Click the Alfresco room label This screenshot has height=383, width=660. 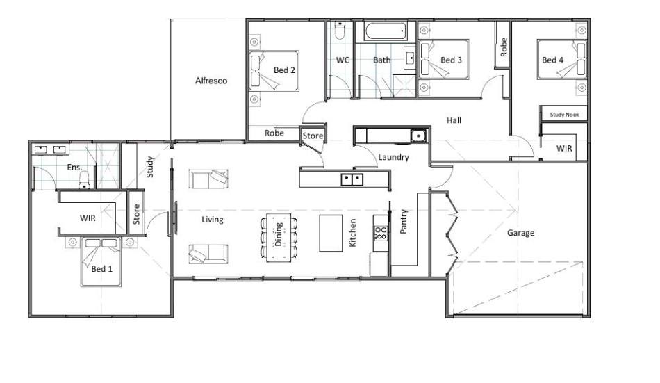click(x=211, y=81)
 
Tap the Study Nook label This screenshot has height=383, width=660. click(x=564, y=115)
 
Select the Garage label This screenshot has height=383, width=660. click(x=520, y=233)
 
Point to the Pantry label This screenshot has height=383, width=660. click(x=403, y=221)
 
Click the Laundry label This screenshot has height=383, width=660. click(x=393, y=157)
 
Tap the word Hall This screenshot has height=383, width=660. click(x=454, y=120)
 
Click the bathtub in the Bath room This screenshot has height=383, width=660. click(x=386, y=31)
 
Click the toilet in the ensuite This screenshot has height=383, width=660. click(x=84, y=180)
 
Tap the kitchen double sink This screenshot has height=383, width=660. click(x=352, y=179)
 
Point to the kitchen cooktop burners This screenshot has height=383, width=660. click(x=381, y=233)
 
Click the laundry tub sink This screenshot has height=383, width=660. click(x=418, y=136)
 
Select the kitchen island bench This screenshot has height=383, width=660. click(x=331, y=233)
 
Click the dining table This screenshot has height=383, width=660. click(x=278, y=238)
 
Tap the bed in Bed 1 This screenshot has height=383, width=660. click(x=101, y=262)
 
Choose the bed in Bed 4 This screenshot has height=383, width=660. click(x=562, y=59)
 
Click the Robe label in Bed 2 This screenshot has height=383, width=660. click(x=274, y=133)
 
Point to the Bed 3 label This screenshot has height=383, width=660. click(x=451, y=60)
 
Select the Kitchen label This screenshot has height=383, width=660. click(x=353, y=233)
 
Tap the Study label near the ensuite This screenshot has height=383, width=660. click(x=150, y=166)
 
